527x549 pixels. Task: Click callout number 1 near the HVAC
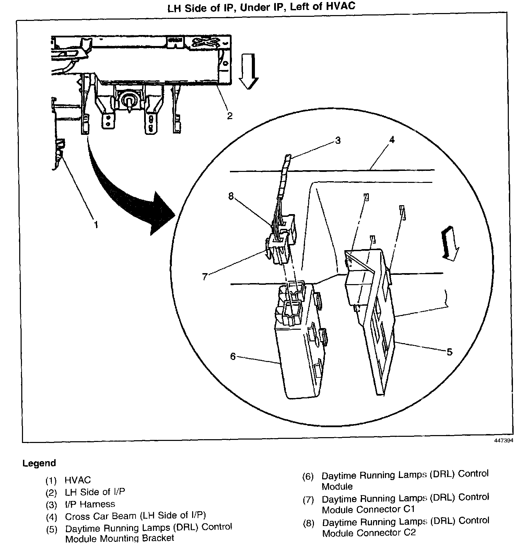96,224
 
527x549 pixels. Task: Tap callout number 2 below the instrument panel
230,116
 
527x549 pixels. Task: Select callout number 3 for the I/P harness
338,140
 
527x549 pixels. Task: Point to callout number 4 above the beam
392,140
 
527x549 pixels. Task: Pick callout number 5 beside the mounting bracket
449,352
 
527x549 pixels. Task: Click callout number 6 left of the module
233,357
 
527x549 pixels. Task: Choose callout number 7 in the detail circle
205,277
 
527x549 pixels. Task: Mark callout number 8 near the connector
231,196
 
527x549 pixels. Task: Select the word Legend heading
39,463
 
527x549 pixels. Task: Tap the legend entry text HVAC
78,480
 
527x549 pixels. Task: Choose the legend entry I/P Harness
90,504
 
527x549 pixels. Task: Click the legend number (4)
51,517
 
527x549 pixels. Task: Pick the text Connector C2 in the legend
386,533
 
